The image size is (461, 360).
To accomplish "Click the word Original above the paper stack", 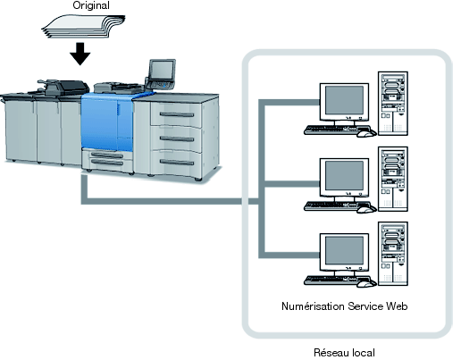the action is [91, 5].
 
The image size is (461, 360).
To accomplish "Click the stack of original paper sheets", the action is [83, 26].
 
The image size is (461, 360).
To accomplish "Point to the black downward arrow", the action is [80, 54].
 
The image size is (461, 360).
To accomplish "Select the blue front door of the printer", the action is [107, 122].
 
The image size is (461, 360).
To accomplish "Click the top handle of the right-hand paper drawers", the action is [177, 114].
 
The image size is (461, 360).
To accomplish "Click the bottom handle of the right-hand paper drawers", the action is [177, 162].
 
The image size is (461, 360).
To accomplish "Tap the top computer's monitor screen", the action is [344, 100].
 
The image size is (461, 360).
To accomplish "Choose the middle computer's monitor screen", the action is [344, 176].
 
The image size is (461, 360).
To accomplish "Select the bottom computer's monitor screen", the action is [344, 251].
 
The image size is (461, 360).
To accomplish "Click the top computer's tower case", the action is [393, 104].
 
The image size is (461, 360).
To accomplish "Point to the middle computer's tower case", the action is [393, 179].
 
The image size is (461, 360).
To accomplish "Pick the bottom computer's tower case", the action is [393, 254].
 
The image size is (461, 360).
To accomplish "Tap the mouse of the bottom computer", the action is [366, 284].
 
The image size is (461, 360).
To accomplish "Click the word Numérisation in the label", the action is [313, 306].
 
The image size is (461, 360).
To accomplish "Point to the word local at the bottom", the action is [364, 353].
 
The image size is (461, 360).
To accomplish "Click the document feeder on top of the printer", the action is [63, 88].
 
